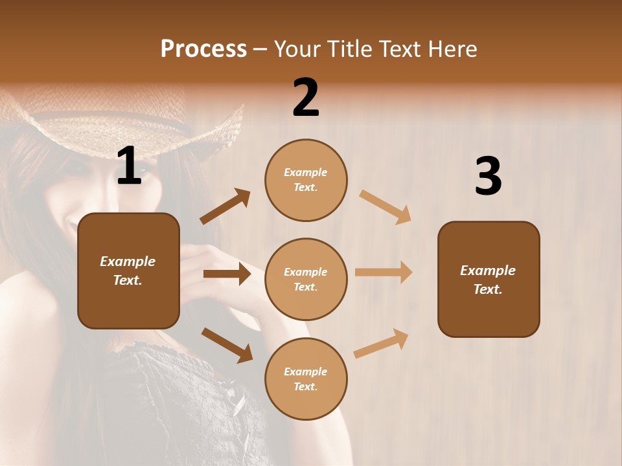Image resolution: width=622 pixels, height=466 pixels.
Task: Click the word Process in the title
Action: click(203, 49)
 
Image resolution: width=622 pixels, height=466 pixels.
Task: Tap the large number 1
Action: click(129, 166)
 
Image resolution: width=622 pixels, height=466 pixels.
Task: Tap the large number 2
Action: click(306, 98)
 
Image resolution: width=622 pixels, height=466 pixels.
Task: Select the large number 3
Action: click(488, 176)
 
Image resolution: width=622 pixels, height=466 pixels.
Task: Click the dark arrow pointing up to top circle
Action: click(225, 206)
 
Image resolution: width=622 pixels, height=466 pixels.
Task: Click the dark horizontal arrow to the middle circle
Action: click(227, 274)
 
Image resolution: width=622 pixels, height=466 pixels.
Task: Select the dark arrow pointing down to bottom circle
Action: click(227, 344)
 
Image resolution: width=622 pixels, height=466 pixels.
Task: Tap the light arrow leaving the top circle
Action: click(386, 206)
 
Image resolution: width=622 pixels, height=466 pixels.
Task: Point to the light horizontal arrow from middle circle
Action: click(384, 272)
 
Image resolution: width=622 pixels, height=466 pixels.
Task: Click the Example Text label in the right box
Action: click(488, 280)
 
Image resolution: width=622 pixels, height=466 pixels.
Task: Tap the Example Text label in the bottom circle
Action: click(306, 379)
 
